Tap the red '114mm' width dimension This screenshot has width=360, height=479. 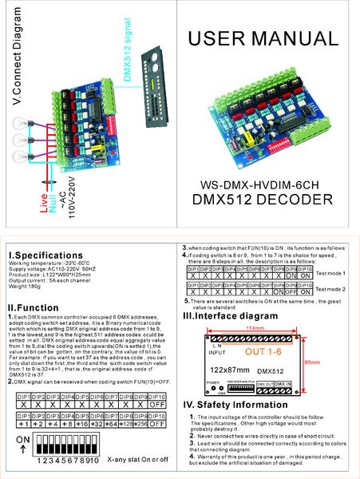click(x=255, y=328)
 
